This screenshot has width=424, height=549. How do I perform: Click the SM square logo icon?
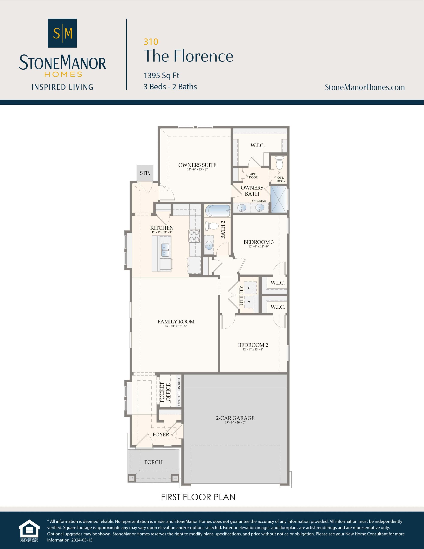(x=62, y=33)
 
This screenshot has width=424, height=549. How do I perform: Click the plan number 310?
(x=151, y=42)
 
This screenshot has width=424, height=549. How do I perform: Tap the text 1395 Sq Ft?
(x=161, y=75)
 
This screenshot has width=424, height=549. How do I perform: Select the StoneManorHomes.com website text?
(x=365, y=87)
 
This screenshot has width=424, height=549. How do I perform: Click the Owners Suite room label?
(x=197, y=165)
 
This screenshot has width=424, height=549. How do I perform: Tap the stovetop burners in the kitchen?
(x=194, y=236)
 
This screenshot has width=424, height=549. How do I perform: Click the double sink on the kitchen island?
(x=165, y=250)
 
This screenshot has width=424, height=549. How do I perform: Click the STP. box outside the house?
(x=145, y=173)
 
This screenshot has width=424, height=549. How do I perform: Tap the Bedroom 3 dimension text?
(x=259, y=247)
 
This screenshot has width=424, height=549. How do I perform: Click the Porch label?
(x=153, y=462)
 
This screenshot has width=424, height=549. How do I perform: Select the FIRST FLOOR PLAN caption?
(x=198, y=497)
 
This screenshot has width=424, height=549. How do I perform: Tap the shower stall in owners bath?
(x=279, y=199)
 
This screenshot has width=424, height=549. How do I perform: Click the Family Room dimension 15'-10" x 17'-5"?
(x=176, y=326)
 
